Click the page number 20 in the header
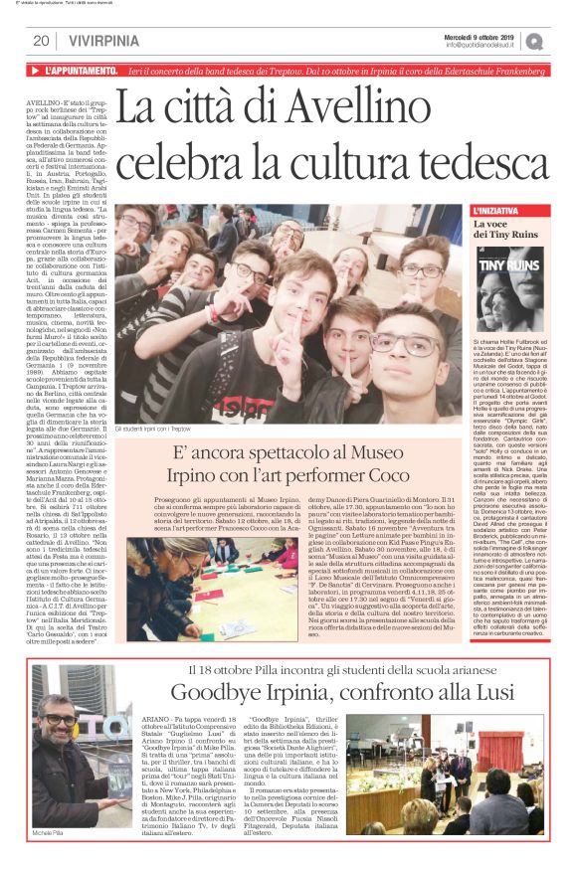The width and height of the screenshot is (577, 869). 41,41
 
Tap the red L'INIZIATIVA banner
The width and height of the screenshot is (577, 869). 503,212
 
